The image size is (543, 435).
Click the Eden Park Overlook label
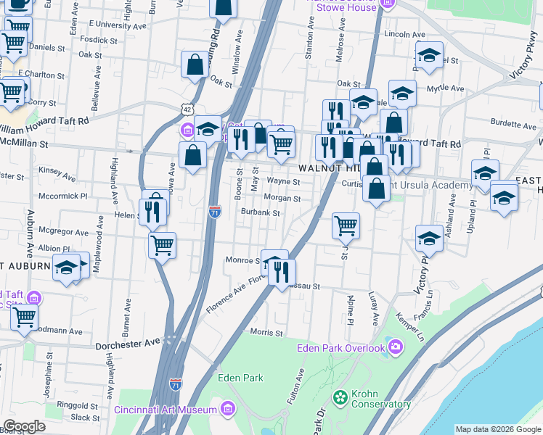coord(340,348)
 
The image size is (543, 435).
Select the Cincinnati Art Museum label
coord(166,409)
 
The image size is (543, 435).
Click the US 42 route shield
coord(187,109)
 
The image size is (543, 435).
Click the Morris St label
coord(266,332)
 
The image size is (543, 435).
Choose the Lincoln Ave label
coord(404,34)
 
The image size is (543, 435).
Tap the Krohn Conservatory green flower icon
coord(338,397)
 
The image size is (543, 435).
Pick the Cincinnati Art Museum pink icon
coord(229,409)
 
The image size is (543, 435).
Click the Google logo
coord(24,426)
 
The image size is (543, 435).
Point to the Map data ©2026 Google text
coord(497,429)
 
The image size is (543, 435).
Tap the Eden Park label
coord(240,378)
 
